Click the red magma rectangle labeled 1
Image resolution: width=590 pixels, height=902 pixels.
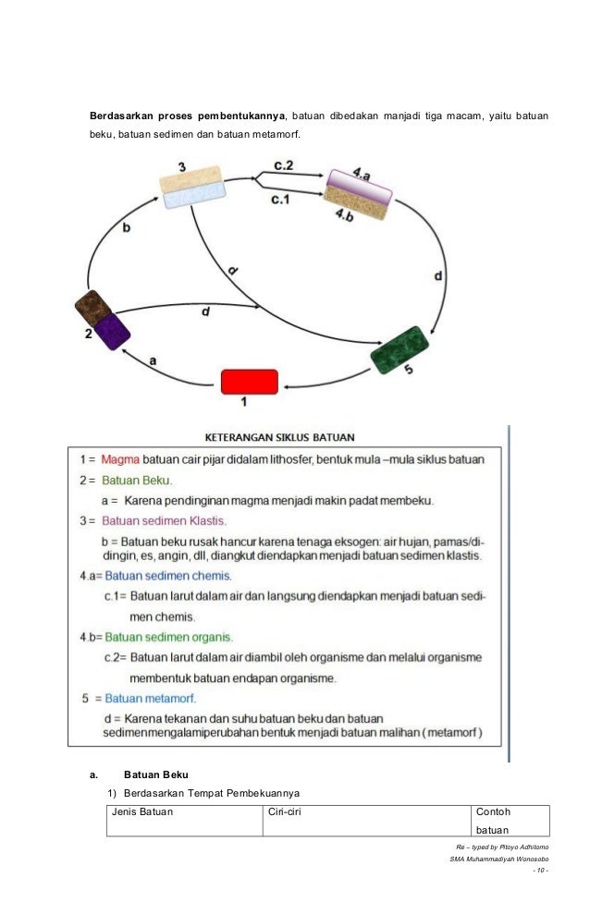pos(249,382)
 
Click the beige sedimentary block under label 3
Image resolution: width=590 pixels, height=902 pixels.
pos(191,179)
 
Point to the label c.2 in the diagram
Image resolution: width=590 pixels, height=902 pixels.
pos(284,165)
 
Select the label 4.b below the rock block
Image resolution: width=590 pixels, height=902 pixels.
pos(344,214)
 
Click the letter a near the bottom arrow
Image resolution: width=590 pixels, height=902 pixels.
pos(154,362)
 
